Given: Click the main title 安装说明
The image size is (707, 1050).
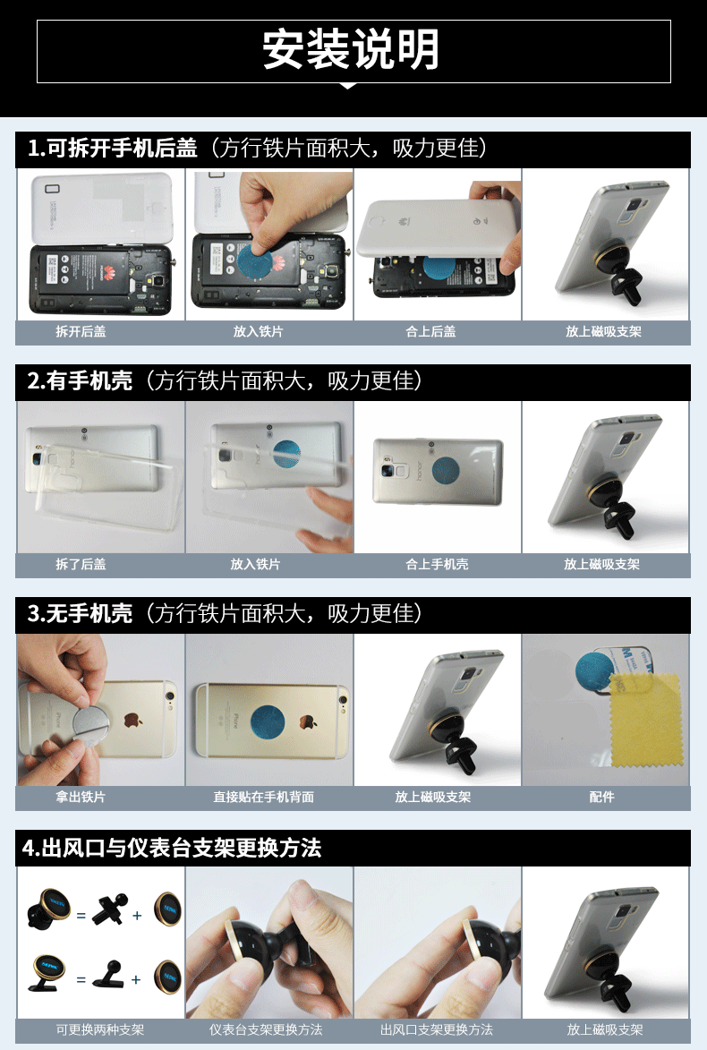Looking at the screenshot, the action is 351,50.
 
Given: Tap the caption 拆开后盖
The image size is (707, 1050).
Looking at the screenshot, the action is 81,331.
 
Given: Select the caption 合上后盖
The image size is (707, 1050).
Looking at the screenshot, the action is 430,331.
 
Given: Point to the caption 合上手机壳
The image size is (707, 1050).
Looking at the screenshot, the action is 437,565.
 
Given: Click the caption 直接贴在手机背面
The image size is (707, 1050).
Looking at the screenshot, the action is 263,797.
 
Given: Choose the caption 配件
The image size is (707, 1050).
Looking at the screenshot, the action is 601,797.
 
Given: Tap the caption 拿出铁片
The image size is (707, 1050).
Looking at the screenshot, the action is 81,797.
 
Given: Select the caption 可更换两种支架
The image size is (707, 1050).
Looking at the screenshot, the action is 99,1030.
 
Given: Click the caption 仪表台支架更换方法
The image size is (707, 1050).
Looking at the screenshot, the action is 266,1030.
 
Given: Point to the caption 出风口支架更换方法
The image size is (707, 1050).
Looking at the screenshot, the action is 437,1030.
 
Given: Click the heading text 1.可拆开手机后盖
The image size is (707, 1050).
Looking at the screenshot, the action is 113,148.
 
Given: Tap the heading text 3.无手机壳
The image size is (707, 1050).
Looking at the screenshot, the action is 80,613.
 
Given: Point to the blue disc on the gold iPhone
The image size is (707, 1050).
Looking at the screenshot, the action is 268,721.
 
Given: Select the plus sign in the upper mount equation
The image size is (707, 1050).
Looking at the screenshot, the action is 137,916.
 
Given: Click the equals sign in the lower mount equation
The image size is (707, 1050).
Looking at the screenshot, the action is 81,979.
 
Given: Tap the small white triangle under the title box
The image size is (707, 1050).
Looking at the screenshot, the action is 348,86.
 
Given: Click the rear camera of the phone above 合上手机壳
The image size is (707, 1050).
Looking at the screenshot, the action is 388,470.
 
